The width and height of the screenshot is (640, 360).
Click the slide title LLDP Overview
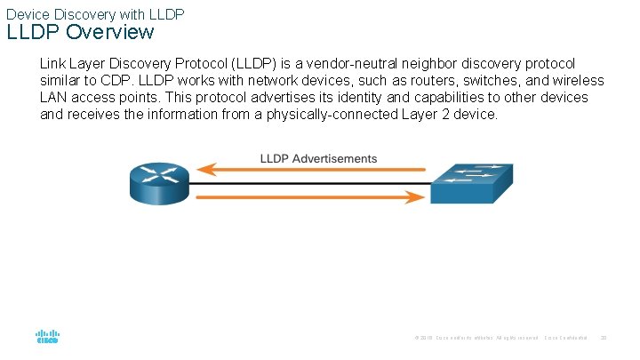pyautogui.click(x=81, y=33)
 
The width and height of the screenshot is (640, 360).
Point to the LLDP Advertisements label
pyautogui.click(x=318, y=159)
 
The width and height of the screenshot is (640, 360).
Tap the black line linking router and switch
pyautogui.click(x=310, y=184)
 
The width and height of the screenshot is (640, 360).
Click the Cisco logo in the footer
pyautogui.click(x=46, y=338)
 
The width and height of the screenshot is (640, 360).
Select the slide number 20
pyautogui.click(x=604, y=338)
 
